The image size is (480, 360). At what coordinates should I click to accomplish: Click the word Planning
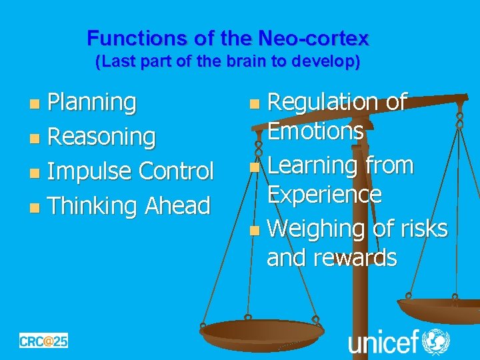tap(93, 103)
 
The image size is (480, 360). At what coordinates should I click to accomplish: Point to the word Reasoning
tap(102, 137)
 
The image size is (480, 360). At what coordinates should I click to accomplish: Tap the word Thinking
tap(94, 205)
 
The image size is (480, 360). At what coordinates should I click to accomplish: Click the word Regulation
tap(323, 102)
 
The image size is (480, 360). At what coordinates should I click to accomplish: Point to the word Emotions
tap(315, 132)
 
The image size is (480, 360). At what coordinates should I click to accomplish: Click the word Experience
tap(324, 194)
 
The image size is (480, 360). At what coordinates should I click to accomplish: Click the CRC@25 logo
tap(43, 341)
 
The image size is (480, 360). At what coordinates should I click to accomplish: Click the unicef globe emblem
tap(436, 341)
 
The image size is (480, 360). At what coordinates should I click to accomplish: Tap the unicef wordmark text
tap(383, 341)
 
